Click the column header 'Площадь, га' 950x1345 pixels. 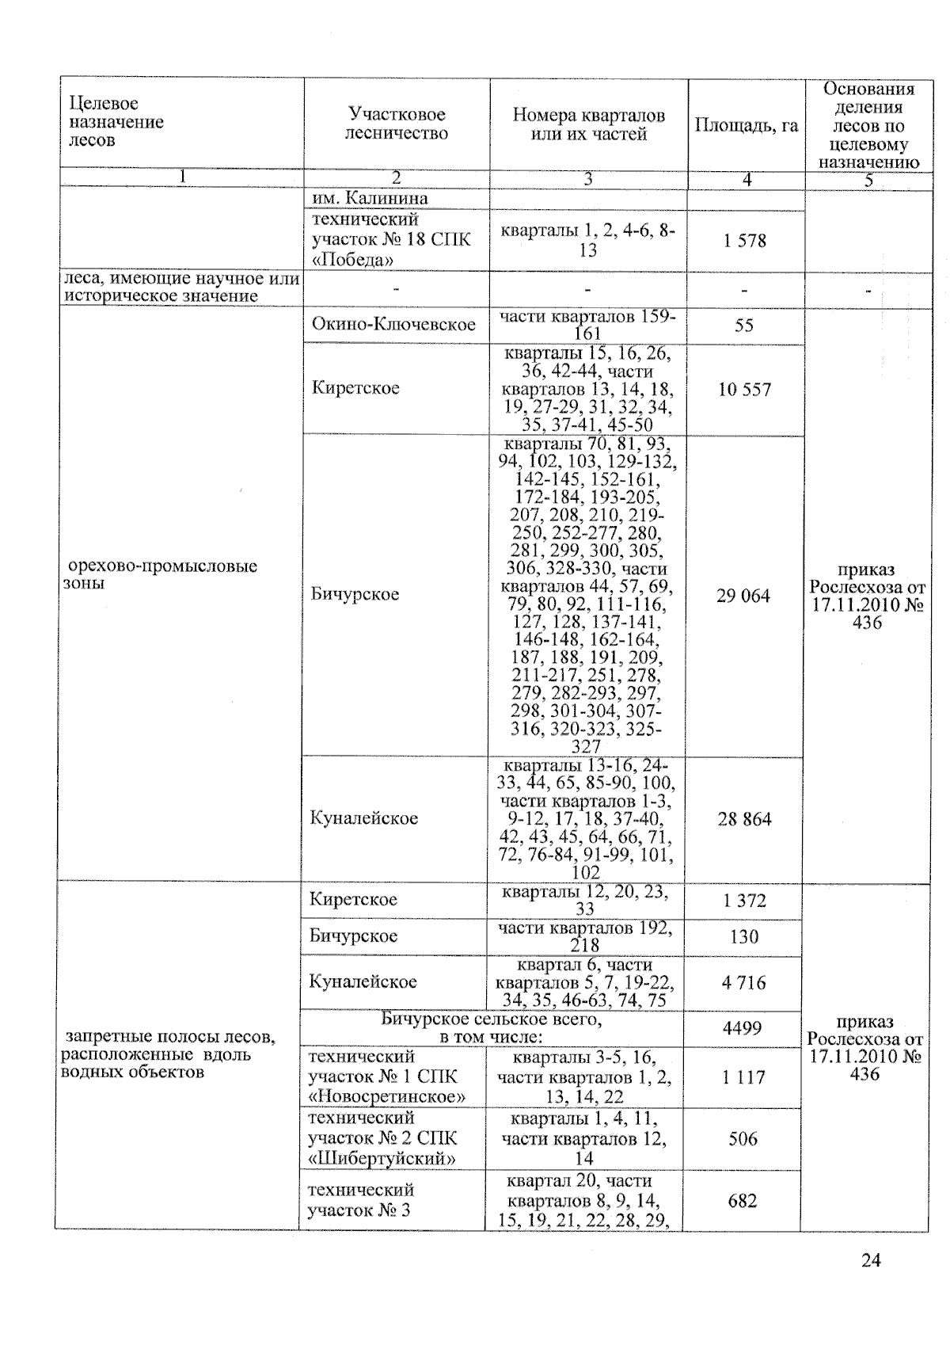coord(747,125)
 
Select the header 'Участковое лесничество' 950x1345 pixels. coord(396,124)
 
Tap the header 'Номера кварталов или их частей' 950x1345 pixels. coord(588,124)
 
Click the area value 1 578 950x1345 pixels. coord(744,241)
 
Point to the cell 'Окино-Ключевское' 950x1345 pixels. coord(393,324)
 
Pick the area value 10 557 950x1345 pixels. coord(744,389)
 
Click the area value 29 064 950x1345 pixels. coord(743,596)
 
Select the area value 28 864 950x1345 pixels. coord(744,819)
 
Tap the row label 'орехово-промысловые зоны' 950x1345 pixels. coord(162,575)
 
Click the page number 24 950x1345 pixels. coord(871,1260)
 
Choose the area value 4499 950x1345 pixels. coord(742,1028)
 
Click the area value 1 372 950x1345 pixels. coord(744,901)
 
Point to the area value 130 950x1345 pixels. coord(744,937)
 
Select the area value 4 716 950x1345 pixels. coord(743,983)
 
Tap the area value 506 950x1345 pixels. coord(743,1138)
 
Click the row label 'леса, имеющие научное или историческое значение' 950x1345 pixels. coord(181,288)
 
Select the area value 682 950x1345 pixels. coord(743,1201)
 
